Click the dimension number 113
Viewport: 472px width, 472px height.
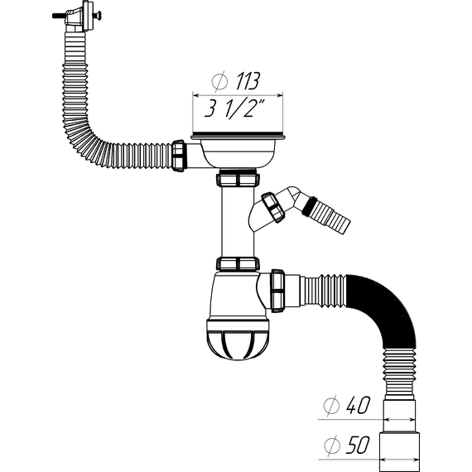tap(247, 81)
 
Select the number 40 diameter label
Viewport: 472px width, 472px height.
tap(358, 405)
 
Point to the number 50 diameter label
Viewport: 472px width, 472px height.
tap(358, 445)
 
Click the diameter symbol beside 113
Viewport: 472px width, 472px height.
tap(219, 81)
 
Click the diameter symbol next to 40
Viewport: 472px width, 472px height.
tap(331, 405)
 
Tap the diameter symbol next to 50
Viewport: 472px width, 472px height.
tap(332, 446)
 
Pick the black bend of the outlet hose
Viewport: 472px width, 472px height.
tap(385, 310)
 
